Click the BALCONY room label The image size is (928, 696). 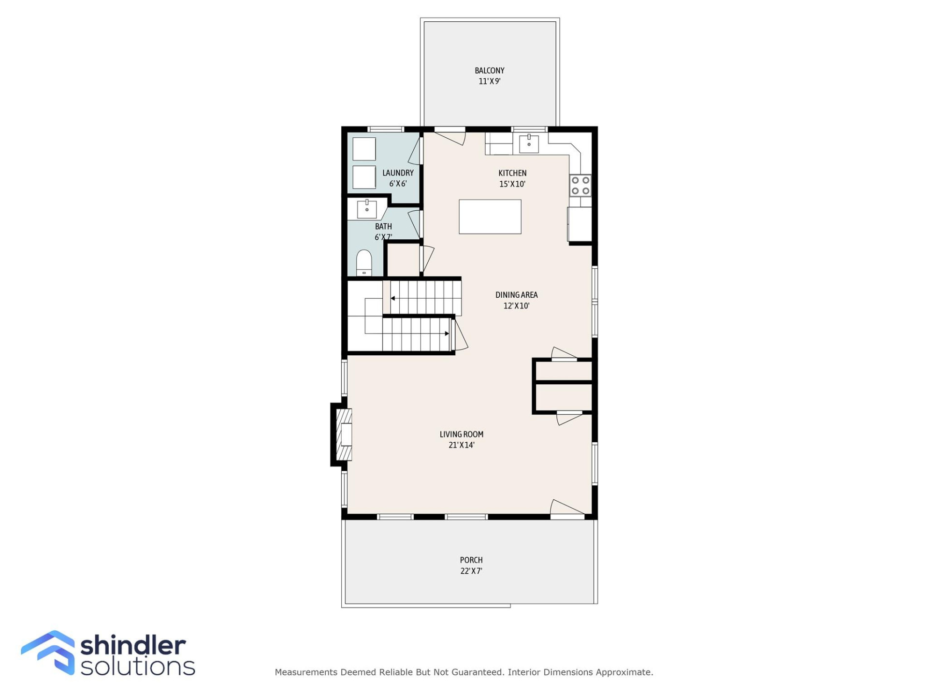pos(489,71)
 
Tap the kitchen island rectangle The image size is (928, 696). pos(490,217)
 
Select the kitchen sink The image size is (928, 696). pos(529,144)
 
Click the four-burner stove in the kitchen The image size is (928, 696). pos(580,185)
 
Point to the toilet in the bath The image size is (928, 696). pos(364,263)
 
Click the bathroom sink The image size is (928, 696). pos(367,209)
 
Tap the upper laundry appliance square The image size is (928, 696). pos(364,149)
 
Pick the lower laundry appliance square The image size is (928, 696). pos(364,177)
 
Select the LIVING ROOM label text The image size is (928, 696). pos(461,434)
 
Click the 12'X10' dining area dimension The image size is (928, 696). pos(516,305)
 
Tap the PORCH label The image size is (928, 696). pos(471,560)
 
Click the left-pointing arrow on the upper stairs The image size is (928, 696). pos(393,298)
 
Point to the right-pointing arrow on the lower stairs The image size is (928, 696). pos(447,333)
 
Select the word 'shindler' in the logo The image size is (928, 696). pos(133,645)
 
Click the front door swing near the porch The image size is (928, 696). pos(566,508)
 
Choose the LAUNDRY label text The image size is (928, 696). pos(398,173)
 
